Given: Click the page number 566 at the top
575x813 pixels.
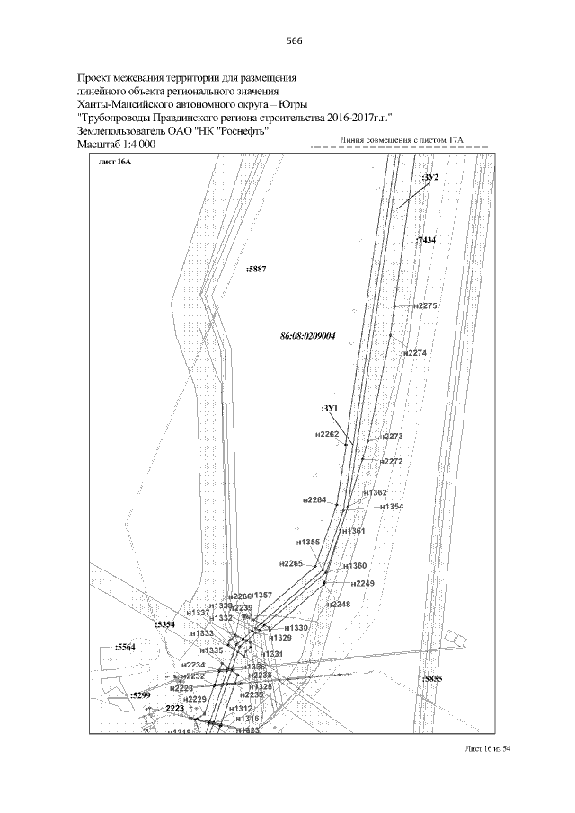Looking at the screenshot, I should click(x=294, y=41).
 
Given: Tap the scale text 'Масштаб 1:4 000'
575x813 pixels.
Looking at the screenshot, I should click(x=118, y=144).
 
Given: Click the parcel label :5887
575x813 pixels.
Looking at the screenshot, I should click(x=256, y=269).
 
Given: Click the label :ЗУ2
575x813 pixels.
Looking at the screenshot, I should click(x=429, y=177).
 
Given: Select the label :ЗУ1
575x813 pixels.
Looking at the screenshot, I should click(x=329, y=409).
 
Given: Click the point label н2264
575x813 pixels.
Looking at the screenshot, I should click(x=315, y=499).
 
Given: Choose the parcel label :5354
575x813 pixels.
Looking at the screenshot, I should click(x=164, y=624).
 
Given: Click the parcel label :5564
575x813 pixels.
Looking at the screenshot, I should click(x=125, y=647).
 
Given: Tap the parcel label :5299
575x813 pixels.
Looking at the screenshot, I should click(x=139, y=695).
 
